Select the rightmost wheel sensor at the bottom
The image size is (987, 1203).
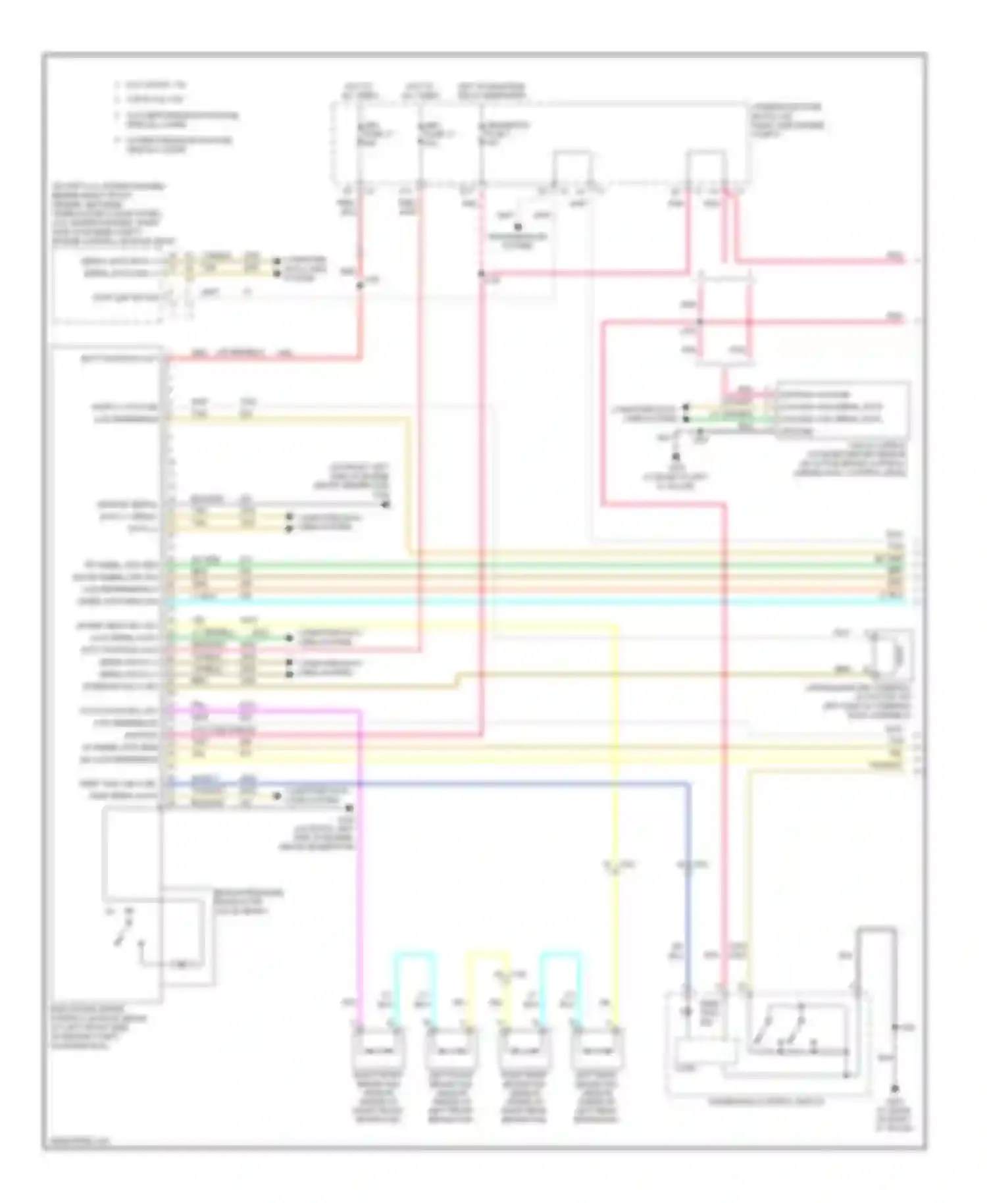(595, 1050)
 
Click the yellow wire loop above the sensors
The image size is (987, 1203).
(488, 952)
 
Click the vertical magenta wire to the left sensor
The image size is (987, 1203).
(361, 856)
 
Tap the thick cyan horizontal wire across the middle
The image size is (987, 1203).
(526, 601)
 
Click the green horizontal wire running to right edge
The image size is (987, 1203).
(526, 564)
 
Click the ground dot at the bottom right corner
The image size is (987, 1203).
(894, 1088)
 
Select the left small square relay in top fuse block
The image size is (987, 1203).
(571, 167)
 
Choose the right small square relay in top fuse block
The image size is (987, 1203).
(705, 167)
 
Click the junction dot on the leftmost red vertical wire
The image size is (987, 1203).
(360, 285)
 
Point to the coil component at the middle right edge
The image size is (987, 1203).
(893, 654)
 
